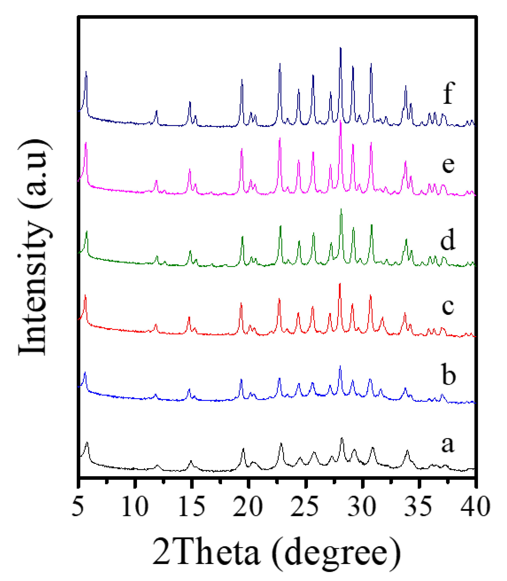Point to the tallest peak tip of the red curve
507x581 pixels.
point(340,284)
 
